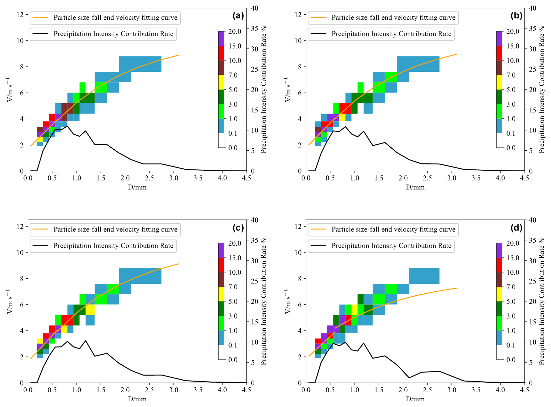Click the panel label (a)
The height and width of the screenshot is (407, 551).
point(238,16)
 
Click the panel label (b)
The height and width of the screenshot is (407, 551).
point(516,16)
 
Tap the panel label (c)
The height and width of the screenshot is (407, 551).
point(238,228)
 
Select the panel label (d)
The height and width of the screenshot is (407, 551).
point(516,228)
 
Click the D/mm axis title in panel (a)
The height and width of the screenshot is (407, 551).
point(137,187)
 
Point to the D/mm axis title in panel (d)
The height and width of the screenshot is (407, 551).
point(415,399)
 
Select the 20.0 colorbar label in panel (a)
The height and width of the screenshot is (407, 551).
point(235,31)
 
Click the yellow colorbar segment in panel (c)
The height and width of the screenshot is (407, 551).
point(221,294)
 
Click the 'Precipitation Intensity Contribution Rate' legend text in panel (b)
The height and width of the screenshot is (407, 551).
point(391,34)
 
